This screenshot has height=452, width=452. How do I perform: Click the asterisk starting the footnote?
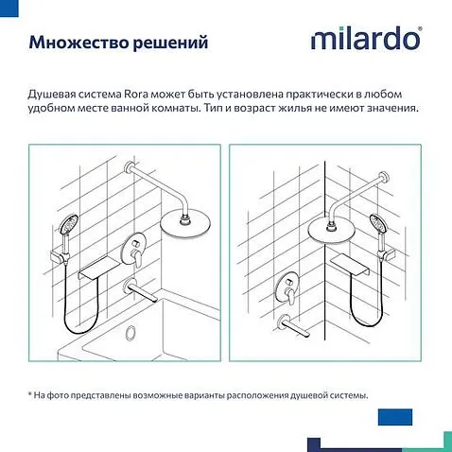pyautogui.click(x=30, y=395)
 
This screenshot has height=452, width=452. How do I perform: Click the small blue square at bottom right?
pyautogui.click(x=391, y=417)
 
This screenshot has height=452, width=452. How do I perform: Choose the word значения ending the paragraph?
pyautogui.click(x=390, y=109)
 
